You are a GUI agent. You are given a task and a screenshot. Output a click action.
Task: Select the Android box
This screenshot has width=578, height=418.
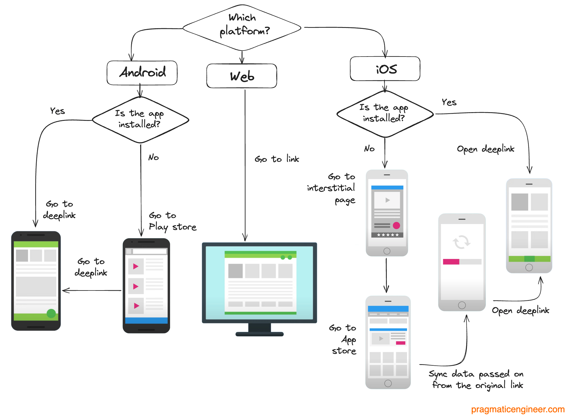142,73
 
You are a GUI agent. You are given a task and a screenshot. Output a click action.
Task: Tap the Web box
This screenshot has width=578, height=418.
242,76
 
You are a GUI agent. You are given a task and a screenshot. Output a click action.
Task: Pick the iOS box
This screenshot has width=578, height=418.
385,69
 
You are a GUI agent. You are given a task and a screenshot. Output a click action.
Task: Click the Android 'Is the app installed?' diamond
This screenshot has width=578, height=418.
140,120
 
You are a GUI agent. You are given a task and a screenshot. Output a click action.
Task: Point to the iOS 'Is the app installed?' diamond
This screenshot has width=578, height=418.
385,114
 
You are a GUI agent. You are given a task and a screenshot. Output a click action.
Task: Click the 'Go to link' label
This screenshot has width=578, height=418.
277,159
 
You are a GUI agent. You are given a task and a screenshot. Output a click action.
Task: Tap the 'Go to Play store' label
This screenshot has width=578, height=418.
172,221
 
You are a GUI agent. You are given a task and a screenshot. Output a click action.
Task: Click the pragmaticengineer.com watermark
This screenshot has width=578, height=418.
517,409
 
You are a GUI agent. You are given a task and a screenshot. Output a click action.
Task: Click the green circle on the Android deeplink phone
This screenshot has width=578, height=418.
51,313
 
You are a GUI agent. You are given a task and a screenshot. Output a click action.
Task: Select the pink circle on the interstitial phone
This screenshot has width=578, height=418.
396,225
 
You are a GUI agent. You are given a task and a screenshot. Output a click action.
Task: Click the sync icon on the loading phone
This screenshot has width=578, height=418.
461,242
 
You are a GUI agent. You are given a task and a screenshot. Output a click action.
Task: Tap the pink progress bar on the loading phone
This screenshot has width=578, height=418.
451,262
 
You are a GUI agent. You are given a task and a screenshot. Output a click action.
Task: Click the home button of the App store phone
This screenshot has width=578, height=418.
388,383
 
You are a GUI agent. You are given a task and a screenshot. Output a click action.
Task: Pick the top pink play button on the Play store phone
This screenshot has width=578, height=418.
136,266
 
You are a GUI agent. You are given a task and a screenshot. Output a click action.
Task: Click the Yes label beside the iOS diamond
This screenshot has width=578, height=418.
449,102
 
